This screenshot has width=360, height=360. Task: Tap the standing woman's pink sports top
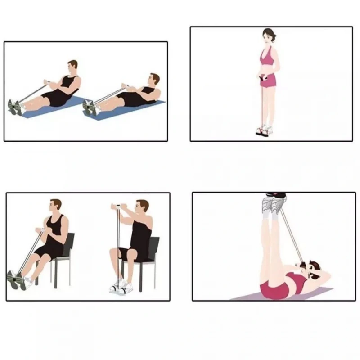click(268, 58)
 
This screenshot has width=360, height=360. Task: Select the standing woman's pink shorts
click(270, 81)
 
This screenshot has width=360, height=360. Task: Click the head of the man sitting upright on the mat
click(72, 68)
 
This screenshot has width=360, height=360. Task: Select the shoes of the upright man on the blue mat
click(15, 107)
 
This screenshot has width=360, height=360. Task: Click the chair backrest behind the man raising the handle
click(153, 247)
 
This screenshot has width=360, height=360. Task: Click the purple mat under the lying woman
click(252, 297)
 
